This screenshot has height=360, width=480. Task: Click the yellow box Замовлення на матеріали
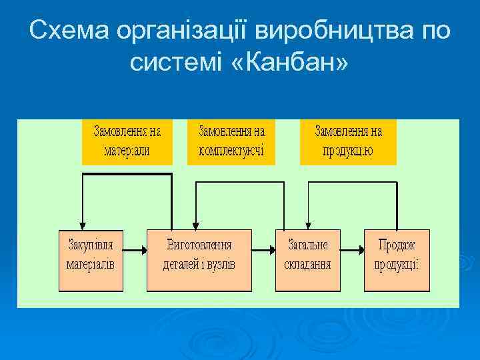click(127, 141)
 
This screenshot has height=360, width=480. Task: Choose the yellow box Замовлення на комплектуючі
click(231, 141)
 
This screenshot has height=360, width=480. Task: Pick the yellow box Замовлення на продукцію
click(348, 141)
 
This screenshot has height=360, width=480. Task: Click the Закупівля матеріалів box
click(91, 260)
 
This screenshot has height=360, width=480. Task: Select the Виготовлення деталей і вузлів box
click(199, 260)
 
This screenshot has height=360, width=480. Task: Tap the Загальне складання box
click(307, 260)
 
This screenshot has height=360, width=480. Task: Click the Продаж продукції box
click(396, 260)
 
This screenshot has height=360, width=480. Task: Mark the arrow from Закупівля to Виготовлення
click(135, 251)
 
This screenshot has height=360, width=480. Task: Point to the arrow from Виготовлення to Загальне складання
click(264, 251)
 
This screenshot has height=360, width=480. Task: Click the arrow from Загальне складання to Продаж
click(351, 251)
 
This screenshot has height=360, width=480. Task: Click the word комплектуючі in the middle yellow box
click(231, 151)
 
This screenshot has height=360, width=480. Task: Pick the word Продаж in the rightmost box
click(396, 245)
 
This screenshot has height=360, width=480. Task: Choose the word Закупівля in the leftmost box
click(91, 245)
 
